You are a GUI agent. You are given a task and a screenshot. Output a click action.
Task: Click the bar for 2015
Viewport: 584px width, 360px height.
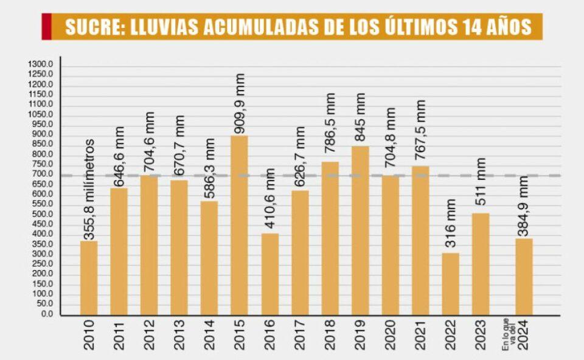tap(239, 225)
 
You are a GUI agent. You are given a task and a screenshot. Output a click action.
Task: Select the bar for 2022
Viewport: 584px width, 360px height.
tap(450, 284)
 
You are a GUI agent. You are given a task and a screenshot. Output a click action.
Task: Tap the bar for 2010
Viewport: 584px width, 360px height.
tap(89, 278)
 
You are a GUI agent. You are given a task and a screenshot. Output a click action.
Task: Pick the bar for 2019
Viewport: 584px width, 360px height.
tap(360, 230)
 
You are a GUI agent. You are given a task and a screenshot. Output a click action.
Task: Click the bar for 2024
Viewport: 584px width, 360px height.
tap(523, 277)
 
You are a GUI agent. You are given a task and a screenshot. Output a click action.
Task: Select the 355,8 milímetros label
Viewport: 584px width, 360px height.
tap(89, 190)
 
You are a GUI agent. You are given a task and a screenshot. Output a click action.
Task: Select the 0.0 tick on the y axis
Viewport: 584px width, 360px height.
tap(47, 314)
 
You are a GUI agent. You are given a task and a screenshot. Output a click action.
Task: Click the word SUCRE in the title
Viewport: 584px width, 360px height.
tap(91, 27)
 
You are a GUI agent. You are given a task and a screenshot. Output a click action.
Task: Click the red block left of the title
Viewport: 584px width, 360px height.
tap(46, 27)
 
